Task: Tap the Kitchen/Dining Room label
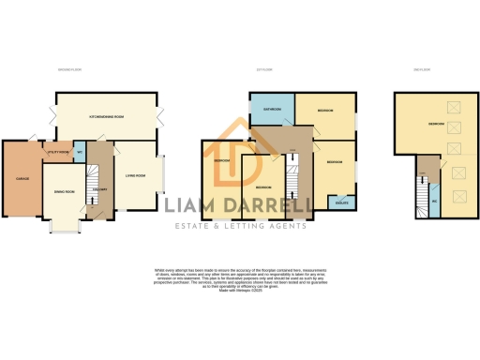point(107,117)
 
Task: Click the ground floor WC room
point(80,153)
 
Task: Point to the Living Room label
point(134,175)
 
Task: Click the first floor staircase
point(292,183)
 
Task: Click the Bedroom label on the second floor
point(437,124)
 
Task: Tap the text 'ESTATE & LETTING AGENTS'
point(240,226)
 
